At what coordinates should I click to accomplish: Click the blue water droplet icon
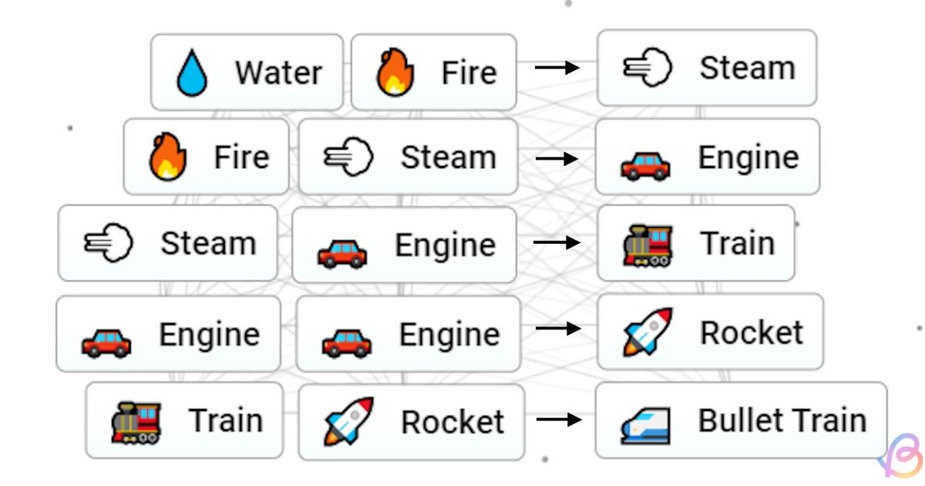pos(192,73)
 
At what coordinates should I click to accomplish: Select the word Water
pos(278,73)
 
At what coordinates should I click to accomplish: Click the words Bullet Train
pos(782,420)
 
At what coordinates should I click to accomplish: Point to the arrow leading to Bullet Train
pos(559,420)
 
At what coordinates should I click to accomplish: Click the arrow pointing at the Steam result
pos(557,68)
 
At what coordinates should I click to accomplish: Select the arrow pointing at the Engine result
pos(557,158)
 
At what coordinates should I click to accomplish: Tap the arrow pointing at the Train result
pos(557,242)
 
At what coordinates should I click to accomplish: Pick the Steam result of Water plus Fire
pos(706,68)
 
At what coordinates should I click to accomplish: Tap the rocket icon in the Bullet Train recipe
pos(348,421)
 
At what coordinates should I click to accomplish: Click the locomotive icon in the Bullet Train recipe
pos(136,421)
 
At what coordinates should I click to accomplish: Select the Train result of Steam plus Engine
pos(695,243)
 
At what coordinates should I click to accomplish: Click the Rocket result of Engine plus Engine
pos(709,332)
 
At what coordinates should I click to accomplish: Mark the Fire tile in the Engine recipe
pos(206,157)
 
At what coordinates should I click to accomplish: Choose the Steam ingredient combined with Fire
pos(408,157)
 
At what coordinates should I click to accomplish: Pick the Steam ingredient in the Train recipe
pos(167,243)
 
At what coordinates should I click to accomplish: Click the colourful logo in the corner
pos(903,457)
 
